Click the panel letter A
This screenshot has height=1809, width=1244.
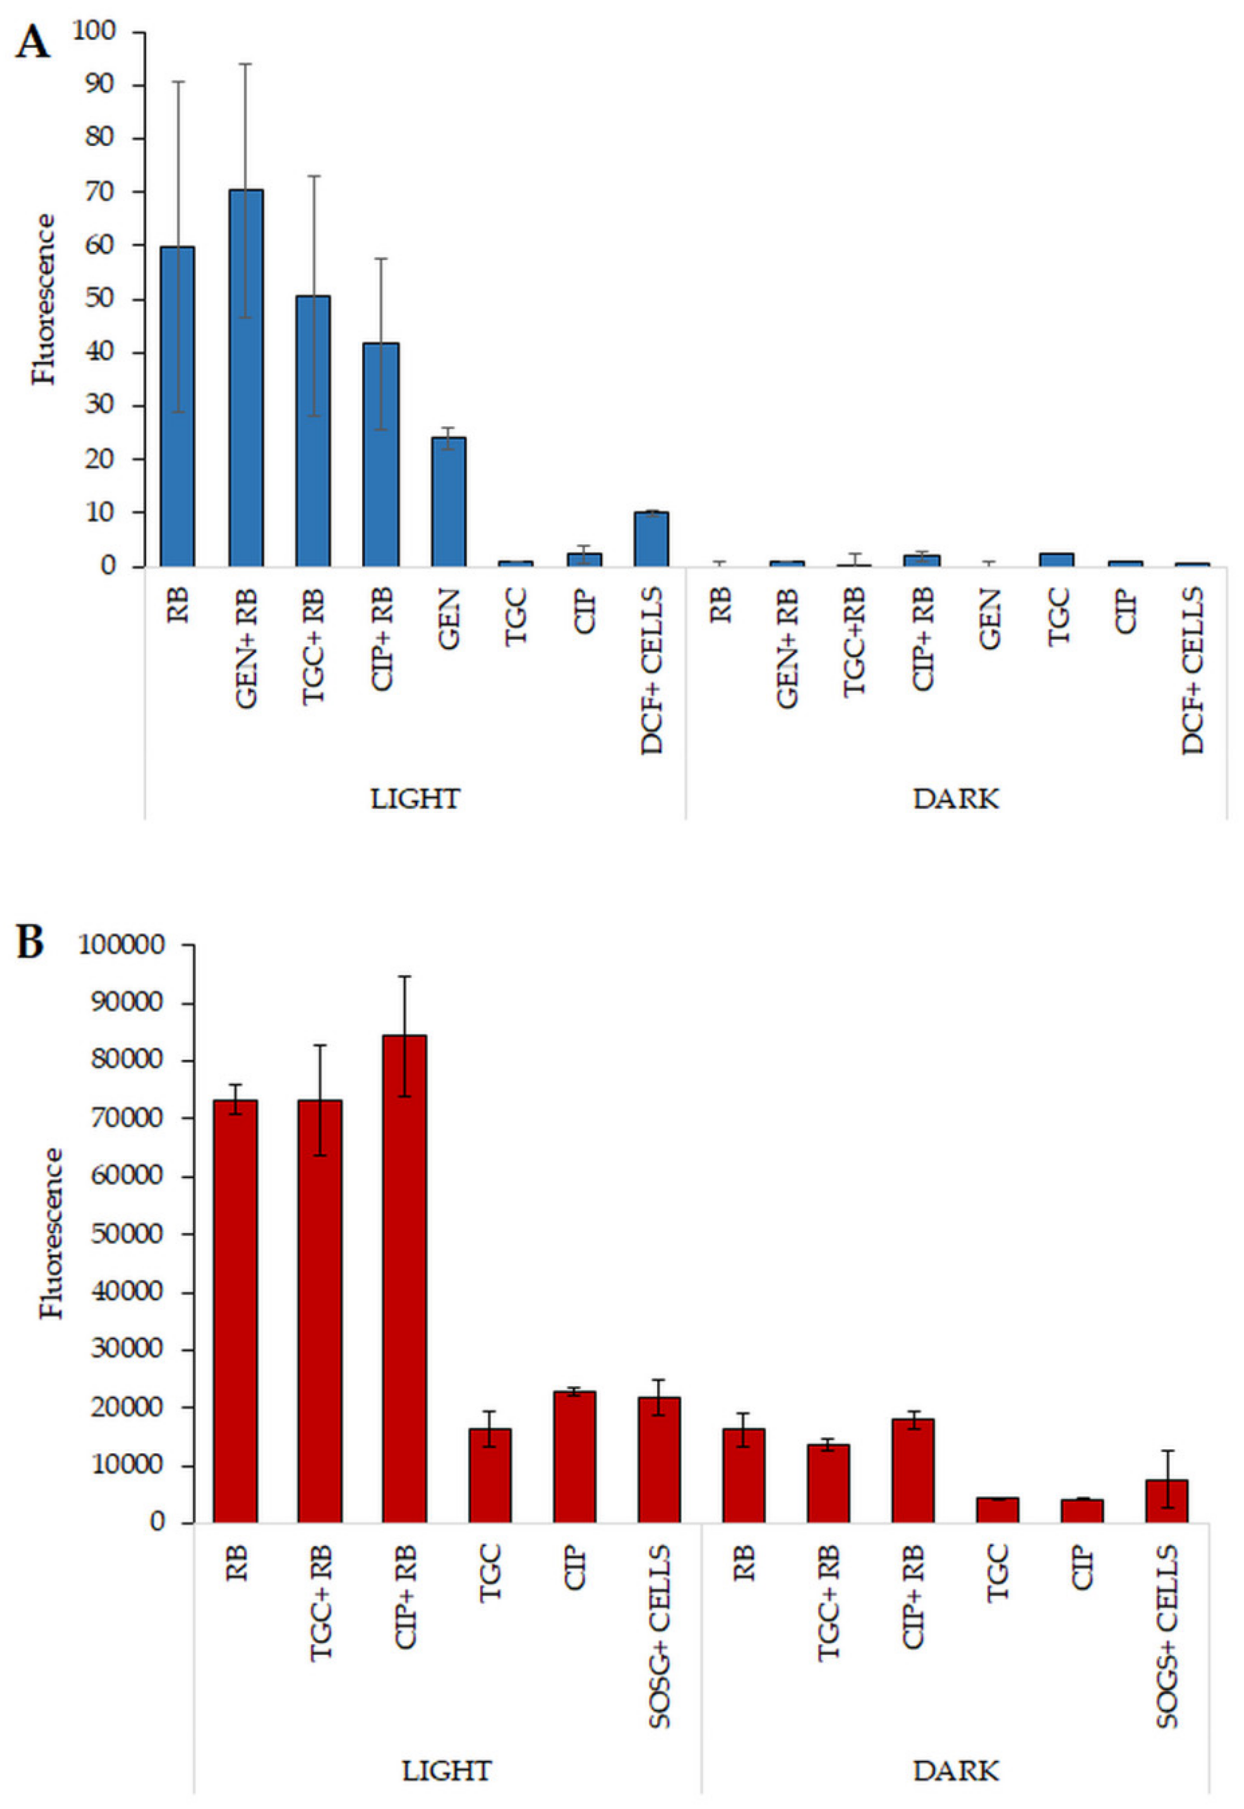pos(32,43)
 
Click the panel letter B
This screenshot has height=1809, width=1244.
pos(31,942)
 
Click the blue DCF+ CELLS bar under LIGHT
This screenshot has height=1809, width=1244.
pos(651,539)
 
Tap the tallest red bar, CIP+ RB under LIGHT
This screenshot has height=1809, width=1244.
pos(404,1279)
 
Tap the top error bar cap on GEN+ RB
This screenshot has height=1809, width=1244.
pos(245,64)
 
